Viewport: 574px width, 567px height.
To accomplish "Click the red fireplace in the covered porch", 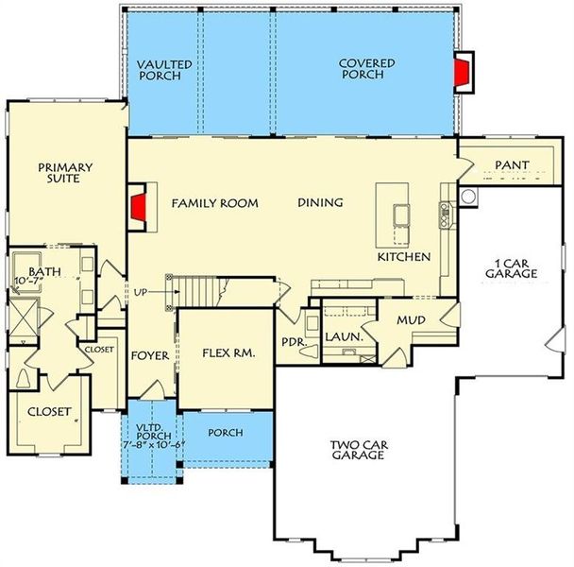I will click(x=463, y=73).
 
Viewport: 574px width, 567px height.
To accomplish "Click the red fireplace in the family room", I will click(x=138, y=208).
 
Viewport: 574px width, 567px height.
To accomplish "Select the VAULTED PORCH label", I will click(x=164, y=70).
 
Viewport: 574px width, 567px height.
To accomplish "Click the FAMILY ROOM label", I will click(x=214, y=203).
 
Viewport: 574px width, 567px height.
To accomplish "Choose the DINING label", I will click(x=320, y=203).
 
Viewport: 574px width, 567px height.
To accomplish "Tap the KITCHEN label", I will click(x=404, y=257).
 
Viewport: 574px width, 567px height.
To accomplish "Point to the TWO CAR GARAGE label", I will click(x=357, y=449).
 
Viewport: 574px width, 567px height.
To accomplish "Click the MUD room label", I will click(x=411, y=320).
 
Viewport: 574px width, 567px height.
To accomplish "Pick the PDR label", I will click(x=292, y=342).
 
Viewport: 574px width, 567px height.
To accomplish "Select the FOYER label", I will click(x=148, y=356).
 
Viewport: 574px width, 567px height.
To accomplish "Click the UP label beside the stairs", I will click(x=142, y=291).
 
